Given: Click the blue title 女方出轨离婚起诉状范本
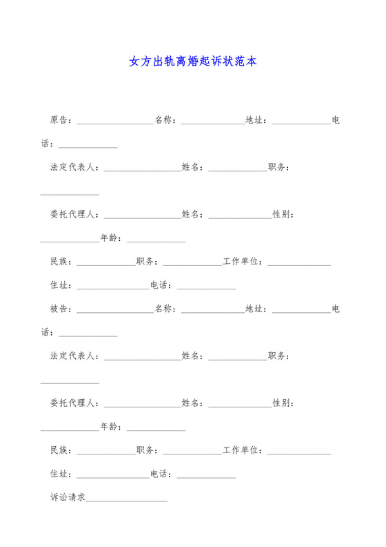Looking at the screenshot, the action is [193, 61].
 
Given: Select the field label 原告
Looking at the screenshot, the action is [59, 120].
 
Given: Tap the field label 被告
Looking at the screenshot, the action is [59, 309].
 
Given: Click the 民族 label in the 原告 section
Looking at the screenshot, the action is [59, 262].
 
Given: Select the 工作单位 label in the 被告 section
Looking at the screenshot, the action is [241, 450].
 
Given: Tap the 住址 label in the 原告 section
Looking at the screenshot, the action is [59, 285].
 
